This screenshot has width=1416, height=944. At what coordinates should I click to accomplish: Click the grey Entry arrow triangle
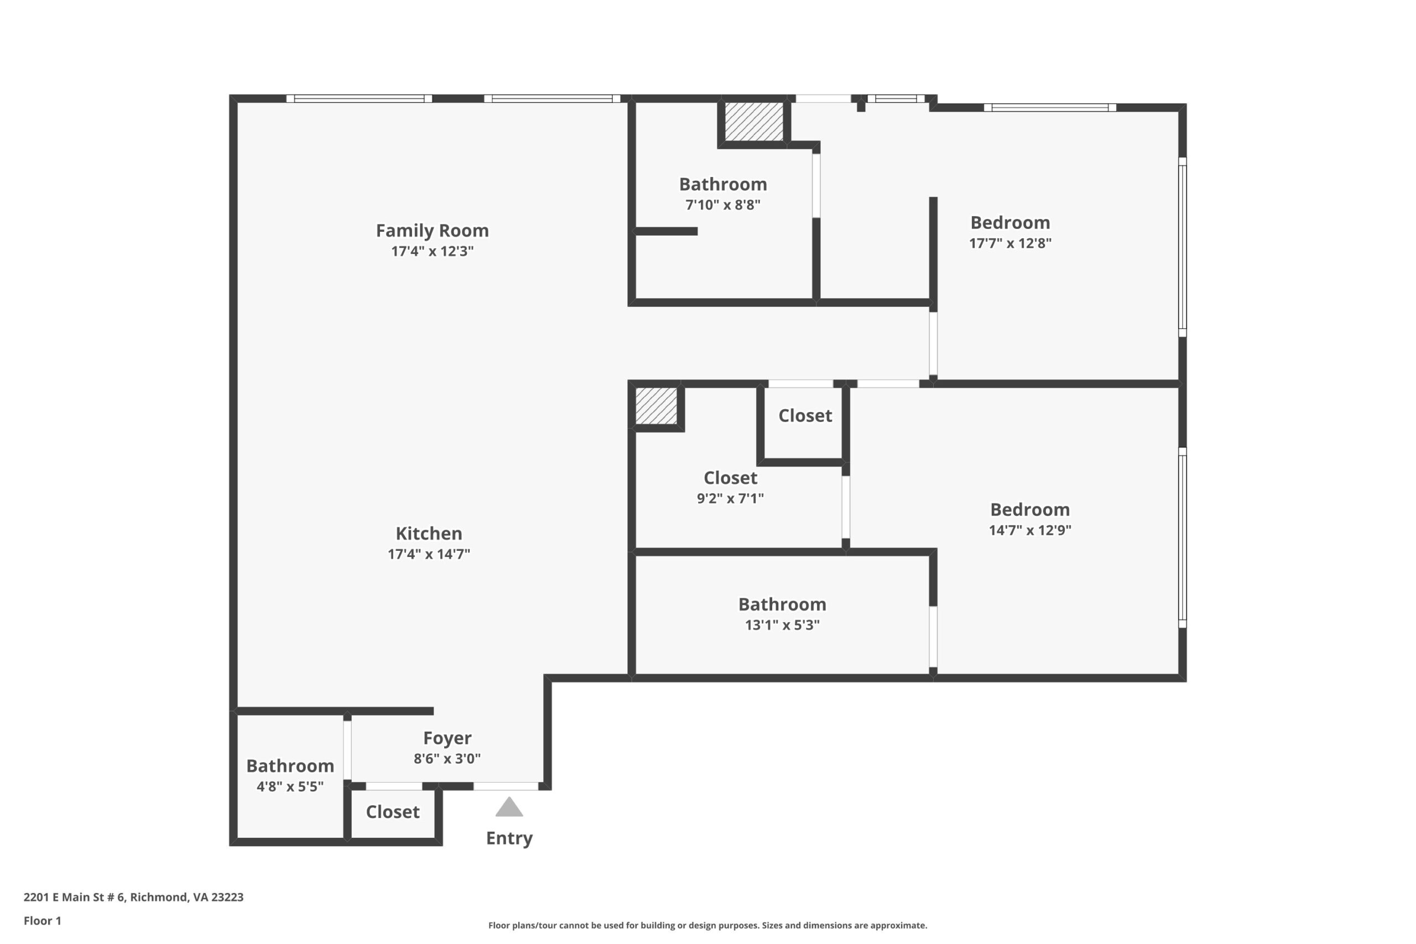pyautogui.click(x=509, y=808)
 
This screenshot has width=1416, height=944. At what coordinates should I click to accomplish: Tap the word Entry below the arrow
pyautogui.click(x=509, y=838)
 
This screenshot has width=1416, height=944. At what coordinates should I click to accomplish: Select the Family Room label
pyautogui.click(x=432, y=231)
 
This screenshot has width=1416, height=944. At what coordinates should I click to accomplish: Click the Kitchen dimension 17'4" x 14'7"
pyautogui.click(x=429, y=554)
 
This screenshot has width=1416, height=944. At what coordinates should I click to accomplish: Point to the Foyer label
pyautogui.click(x=447, y=738)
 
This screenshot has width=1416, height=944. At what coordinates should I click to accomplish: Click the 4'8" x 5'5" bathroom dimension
pyautogui.click(x=290, y=786)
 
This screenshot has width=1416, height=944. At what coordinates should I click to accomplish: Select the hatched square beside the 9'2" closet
pyautogui.click(x=656, y=406)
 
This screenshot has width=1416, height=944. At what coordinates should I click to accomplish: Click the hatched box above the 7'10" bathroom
pyautogui.click(x=753, y=122)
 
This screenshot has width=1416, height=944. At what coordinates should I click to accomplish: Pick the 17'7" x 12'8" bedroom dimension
pyautogui.click(x=1009, y=243)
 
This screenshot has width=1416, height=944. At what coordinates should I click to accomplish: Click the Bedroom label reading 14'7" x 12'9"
pyautogui.click(x=1029, y=510)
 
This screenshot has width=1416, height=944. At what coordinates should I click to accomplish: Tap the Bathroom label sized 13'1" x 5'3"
pyautogui.click(x=782, y=604)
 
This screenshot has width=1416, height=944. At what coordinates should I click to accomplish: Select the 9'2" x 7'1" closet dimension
pyautogui.click(x=730, y=498)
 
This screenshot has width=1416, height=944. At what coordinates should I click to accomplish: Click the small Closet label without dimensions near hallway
pyautogui.click(x=804, y=415)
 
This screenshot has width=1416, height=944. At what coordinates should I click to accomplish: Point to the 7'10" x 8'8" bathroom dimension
pyautogui.click(x=722, y=205)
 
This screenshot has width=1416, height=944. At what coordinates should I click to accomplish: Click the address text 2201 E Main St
pyautogui.click(x=134, y=897)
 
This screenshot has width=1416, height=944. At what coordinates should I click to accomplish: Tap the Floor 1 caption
pyautogui.click(x=42, y=921)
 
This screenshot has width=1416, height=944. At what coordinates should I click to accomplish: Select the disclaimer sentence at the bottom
pyautogui.click(x=707, y=925)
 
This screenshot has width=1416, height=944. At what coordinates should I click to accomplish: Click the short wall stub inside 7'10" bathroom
pyautogui.click(x=666, y=231)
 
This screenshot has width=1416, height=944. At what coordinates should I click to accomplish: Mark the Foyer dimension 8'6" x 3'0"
pyautogui.click(x=447, y=759)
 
